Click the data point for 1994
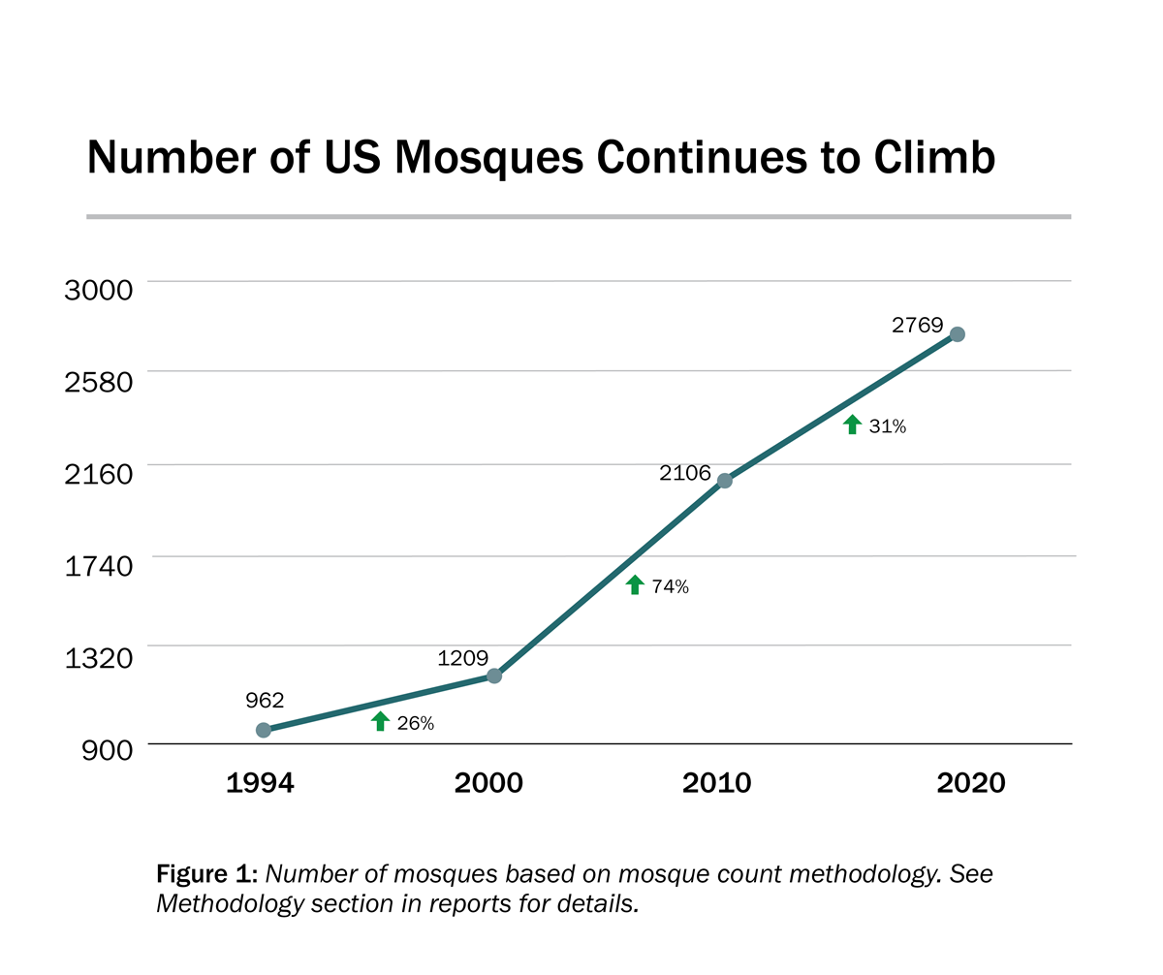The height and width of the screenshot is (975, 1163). (x=263, y=730)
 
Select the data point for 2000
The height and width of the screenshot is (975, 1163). (x=493, y=676)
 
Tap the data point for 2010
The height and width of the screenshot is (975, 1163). (x=724, y=481)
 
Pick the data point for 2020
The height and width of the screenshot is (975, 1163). (x=957, y=334)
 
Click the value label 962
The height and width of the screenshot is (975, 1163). (x=265, y=700)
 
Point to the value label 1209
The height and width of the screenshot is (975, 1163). (x=462, y=658)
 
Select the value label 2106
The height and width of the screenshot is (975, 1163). (x=685, y=475)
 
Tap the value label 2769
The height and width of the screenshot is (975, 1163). (x=917, y=326)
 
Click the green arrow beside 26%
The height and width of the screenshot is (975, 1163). (x=380, y=721)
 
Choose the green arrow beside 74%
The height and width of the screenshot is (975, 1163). (x=635, y=584)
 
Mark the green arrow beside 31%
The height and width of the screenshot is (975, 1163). (x=852, y=425)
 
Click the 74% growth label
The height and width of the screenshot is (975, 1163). (x=670, y=586)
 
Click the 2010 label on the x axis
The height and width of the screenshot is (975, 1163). (x=717, y=783)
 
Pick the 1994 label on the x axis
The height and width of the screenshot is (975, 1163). (x=260, y=783)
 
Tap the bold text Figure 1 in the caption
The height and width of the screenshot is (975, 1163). (x=204, y=874)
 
